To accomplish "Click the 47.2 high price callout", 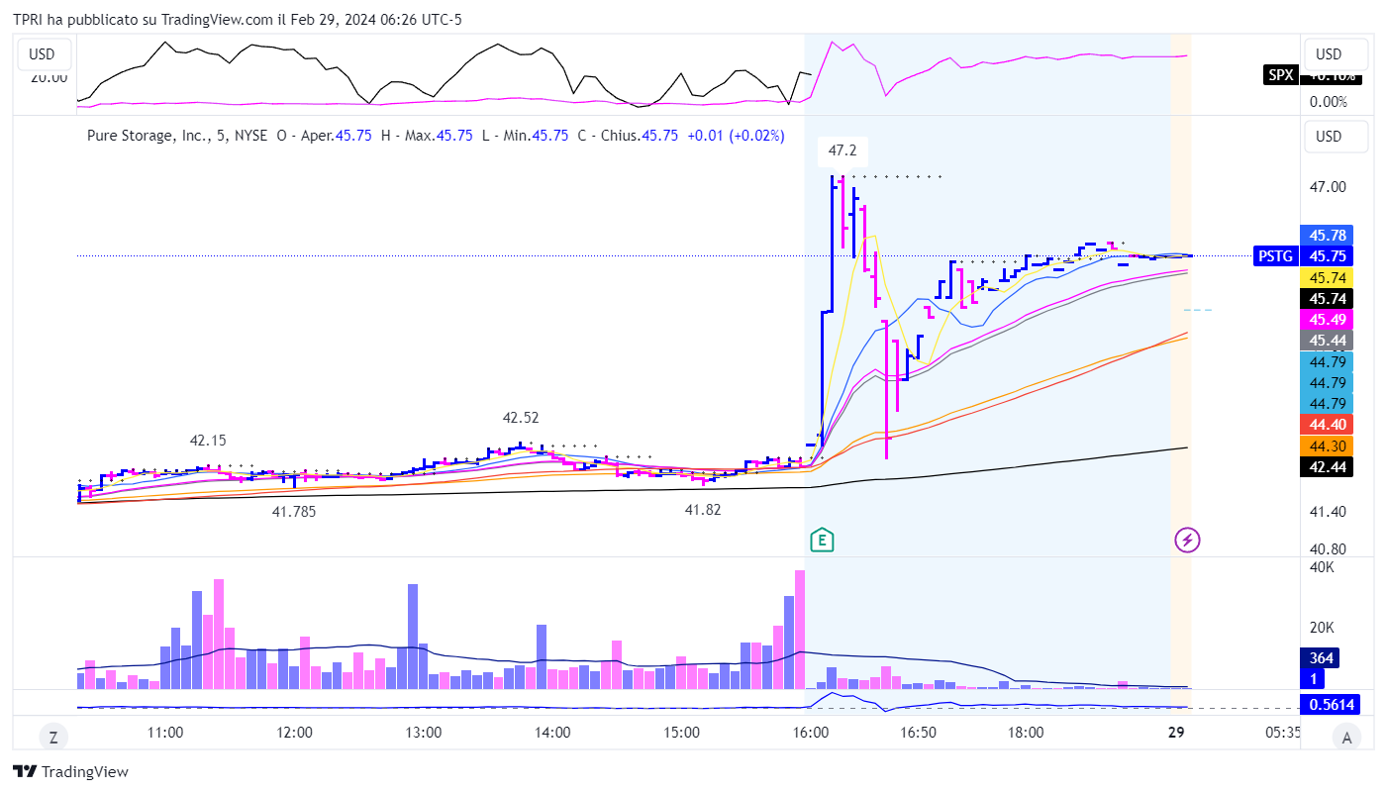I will (x=842, y=150).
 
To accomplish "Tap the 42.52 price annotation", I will (x=521, y=418).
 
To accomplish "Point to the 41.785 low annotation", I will (x=295, y=512).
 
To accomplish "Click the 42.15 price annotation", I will (x=208, y=441).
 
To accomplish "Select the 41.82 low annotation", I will (x=703, y=509).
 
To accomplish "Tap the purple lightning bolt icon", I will (x=1187, y=540).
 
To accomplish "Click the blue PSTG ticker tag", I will (x=1274, y=255).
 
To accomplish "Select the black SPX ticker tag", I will (x=1279, y=75).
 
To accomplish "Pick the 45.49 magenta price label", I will (x=1327, y=319).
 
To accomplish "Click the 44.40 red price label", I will (x=1327, y=424).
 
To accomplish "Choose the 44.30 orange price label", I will (x=1327, y=446).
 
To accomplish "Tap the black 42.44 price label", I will (x=1327, y=467).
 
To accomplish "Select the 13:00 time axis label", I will (x=423, y=733).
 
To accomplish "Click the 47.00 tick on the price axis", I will (x=1327, y=186).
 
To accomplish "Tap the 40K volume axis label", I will (x=1322, y=567).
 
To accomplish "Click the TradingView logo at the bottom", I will (x=70, y=772).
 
